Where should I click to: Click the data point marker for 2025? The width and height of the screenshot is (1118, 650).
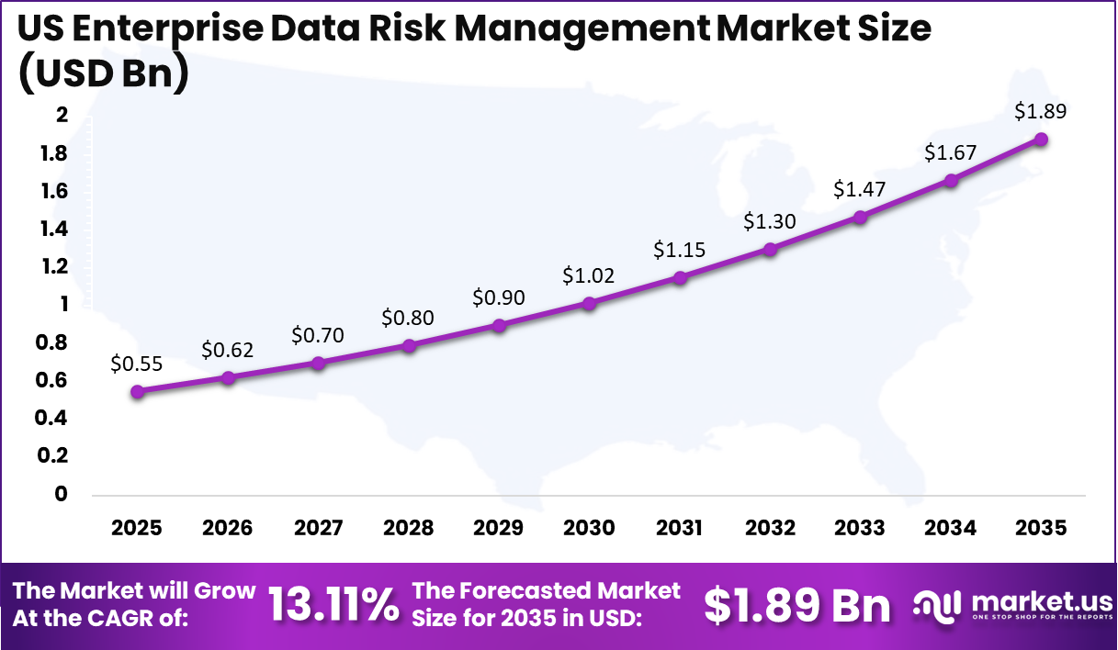pos(137,391)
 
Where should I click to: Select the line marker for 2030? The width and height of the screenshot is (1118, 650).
pos(589,303)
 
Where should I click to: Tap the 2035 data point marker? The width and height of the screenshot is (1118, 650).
pos(1041,139)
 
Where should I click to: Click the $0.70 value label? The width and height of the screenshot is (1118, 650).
pos(318,335)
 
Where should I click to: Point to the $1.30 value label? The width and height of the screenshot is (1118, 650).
pos(770,221)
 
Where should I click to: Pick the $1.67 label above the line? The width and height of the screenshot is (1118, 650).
pos(951,152)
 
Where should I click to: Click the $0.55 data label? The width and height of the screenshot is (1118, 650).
pos(136,364)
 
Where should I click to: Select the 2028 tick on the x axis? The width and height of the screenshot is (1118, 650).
pos(408,528)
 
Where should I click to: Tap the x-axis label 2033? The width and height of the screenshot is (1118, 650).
pos(860,528)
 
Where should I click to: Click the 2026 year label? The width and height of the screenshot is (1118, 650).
pos(227,528)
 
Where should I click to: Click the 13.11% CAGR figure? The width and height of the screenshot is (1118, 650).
pos(333,605)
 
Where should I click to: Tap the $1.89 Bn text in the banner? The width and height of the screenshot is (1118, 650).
pos(797,605)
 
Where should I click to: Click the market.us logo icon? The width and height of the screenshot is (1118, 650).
pos(937,604)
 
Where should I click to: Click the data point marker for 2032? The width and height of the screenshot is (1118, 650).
pos(770,249)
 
